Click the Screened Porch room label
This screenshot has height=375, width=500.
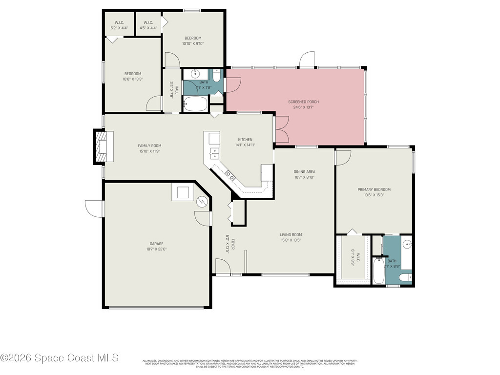(x=306, y=102)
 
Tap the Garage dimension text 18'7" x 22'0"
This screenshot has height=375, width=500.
(x=157, y=249)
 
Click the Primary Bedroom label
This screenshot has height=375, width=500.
(x=374, y=189)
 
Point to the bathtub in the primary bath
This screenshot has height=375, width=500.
(x=378, y=271)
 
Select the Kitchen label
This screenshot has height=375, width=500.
(x=245, y=140)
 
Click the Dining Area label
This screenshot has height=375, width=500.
(x=304, y=171)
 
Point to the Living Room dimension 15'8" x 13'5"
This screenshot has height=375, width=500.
(x=291, y=240)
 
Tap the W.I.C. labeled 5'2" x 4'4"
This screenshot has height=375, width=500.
(x=120, y=22)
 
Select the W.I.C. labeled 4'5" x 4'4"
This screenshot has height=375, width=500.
(x=148, y=22)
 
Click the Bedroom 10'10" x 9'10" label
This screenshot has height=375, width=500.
(x=193, y=38)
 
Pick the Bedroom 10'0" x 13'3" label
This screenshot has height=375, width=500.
(x=132, y=74)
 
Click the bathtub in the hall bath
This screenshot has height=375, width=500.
(x=195, y=104)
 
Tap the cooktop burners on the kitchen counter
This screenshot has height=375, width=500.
(x=229, y=175)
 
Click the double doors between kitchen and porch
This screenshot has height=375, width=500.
(x=281, y=129)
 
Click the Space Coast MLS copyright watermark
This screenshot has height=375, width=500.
(x=60, y=358)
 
